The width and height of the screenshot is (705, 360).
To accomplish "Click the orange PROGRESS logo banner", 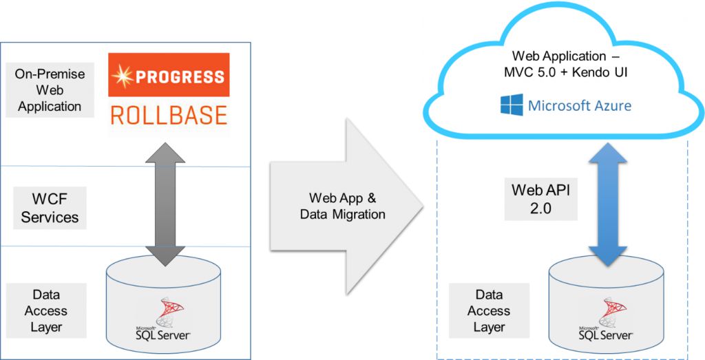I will coord(169,75).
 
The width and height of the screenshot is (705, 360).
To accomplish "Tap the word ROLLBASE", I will coord(169,115).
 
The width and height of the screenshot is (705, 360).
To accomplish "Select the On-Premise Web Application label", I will coord(50,89).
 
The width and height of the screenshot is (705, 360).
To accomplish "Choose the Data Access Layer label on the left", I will coord(46,310).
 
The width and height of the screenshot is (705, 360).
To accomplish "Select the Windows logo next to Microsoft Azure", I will coord(511,105).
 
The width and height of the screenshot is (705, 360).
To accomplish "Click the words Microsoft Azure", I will coord(580,106).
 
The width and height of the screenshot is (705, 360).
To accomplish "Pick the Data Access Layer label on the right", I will coord(489,310).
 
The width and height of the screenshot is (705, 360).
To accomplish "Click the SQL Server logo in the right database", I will coord(606,323).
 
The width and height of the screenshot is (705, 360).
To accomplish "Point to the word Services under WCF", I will coord(50,218).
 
